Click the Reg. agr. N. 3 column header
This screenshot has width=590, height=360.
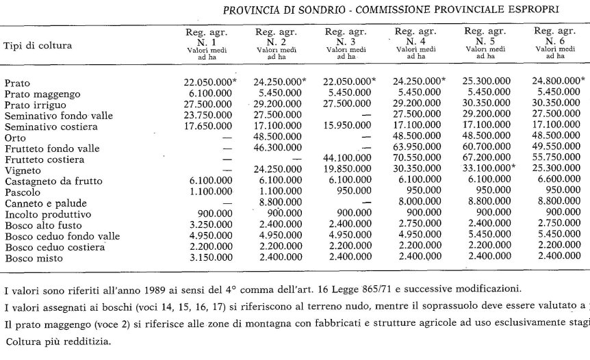348,41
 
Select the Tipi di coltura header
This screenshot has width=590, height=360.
38,45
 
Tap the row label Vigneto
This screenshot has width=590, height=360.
23,170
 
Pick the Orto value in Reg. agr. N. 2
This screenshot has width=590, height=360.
278,138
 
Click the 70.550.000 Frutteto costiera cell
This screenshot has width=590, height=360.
417,159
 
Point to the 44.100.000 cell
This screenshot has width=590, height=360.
348,159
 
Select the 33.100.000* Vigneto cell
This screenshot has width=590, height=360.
489,170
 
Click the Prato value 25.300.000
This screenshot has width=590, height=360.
487,82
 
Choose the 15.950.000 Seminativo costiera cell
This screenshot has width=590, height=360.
348,127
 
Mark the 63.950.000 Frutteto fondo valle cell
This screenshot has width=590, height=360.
417,149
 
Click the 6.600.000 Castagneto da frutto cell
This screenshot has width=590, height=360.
557,181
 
